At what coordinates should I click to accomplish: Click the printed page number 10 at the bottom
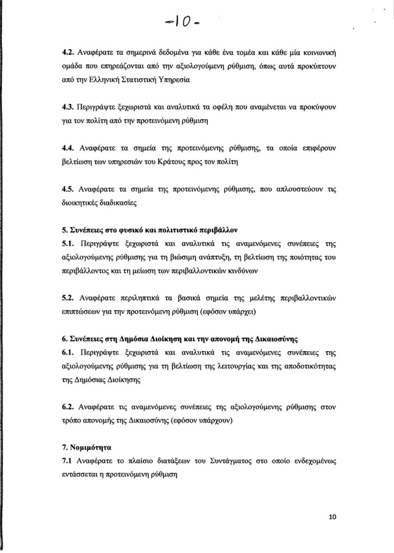click(x=332, y=517)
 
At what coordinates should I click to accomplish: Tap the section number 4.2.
click(x=69, y=54)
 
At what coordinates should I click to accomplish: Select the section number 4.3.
click(x=69, y=108)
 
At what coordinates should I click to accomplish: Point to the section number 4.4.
click(x=69, y=148)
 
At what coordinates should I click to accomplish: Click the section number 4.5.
click(x=69, y=189)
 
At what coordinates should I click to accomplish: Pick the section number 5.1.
click(x=69, y=244)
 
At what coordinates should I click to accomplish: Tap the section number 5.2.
click(x=69, y=298)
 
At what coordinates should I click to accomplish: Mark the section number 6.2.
click(x=69, y=407)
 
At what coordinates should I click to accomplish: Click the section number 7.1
click(x=68, y=461)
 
